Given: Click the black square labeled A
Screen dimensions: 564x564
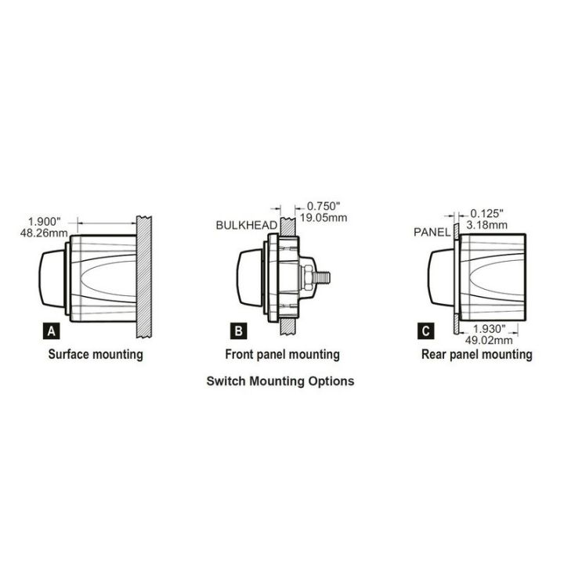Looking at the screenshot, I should pyautogui.click(x=52, y=331).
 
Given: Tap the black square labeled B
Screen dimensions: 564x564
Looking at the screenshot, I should pyautogui.click(x=237, y=331).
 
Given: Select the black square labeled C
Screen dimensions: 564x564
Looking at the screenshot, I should pyautogui.click(x=425, y=331).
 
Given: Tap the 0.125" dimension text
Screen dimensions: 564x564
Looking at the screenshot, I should pyautogui.click(x=486, y=212).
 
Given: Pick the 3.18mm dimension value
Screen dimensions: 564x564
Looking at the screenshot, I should pyautogui.click(x=486, y=224).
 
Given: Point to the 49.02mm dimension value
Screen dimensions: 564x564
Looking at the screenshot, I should pyautogui.click(x=492, y=340).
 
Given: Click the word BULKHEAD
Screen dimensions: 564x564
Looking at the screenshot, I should pyautogui.click(x=247, y=226).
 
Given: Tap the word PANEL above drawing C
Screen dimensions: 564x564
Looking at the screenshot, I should pyautogui.click(x=432, y=232).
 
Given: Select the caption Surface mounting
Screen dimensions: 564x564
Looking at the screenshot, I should pyautogui.click(x=96, y=354).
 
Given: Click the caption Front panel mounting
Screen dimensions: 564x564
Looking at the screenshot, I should pyautogui.click(x=282, y=354).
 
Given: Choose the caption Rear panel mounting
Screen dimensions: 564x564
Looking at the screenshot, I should pyautogui.click(x=476, y=354).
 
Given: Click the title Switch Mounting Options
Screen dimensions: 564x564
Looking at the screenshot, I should pyautogui.click(x=280, y=381).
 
